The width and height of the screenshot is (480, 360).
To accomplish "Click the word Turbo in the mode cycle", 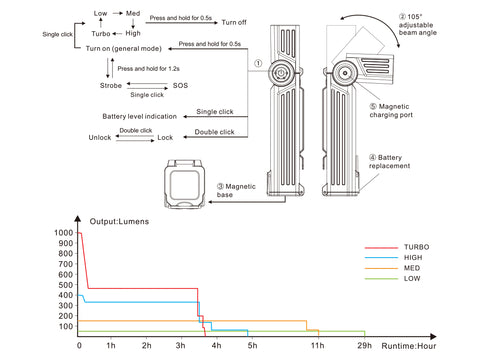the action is (x=101, y=34).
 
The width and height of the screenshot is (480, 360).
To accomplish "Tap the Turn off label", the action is (x=234, y=22).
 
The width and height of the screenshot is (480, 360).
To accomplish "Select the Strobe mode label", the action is (x=111, y=85).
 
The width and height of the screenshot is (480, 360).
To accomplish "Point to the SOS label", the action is (x=180, y=85).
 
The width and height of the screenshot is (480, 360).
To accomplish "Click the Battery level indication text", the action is (x=139, y=116).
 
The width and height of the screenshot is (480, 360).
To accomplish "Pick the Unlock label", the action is (x=100, y=137).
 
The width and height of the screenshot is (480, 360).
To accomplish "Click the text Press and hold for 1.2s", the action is (x=148, y=69).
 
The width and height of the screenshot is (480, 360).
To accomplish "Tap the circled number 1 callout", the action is (x=258, y=63).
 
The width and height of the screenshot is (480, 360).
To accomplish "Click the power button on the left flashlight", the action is (x=281, y=73).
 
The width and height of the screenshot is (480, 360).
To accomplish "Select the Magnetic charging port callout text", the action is (x=391, y=111).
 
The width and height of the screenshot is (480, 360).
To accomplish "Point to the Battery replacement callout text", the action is (x=389, y=162).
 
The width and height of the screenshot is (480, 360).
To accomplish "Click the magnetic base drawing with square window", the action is (x=185, y=184).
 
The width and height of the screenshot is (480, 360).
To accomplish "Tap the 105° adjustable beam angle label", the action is (x=418, y=25).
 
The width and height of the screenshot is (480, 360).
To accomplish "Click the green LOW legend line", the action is (x=381, y=279).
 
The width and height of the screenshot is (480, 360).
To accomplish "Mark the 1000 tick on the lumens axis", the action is (x=64, y=233).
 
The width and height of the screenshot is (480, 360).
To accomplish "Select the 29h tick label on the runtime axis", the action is (x=364, y=345).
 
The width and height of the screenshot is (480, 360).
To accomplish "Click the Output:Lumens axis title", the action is (x=119, y=222).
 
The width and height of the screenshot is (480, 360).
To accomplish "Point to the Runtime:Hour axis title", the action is (x=409, y=346).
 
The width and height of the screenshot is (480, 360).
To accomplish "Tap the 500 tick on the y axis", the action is (x=66, y=285).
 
